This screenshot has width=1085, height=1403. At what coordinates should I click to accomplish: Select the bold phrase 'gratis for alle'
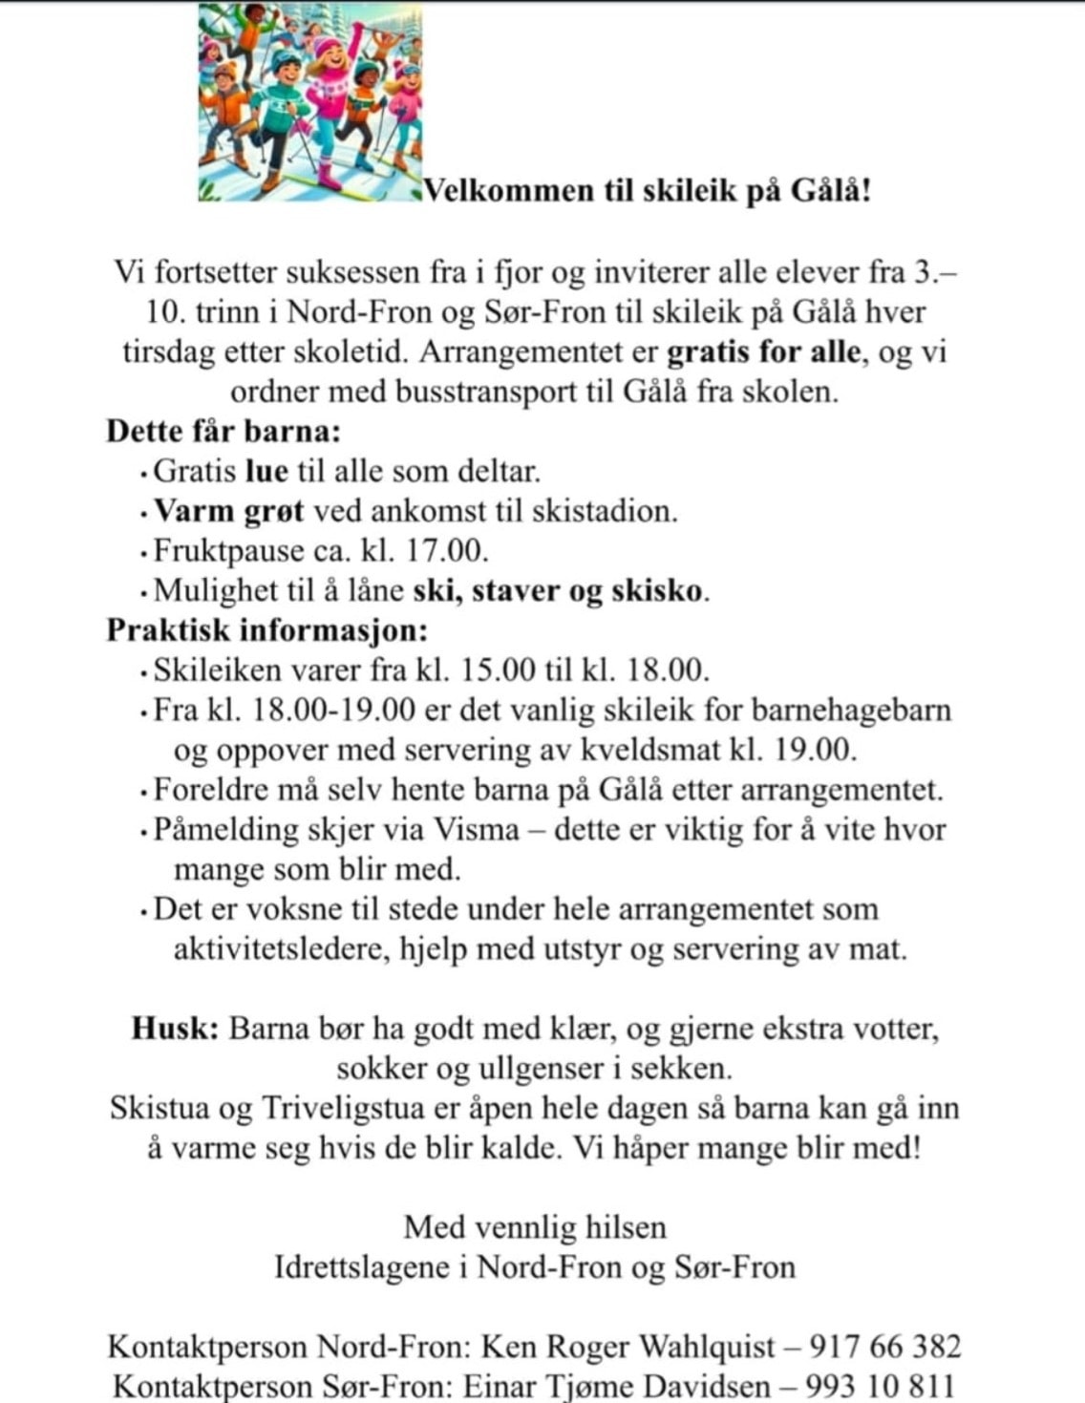[x=763, y=351]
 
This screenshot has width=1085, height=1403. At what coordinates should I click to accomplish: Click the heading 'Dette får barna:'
[x=223, y=431]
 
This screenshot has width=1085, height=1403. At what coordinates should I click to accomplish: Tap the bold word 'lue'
[x=266, y=471]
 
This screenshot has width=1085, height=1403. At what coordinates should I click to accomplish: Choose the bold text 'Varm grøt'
[x=229, y=511]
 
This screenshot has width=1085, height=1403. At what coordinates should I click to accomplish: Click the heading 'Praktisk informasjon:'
[x=266, y=630]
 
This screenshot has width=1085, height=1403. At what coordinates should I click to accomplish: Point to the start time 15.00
[x=499, y=670]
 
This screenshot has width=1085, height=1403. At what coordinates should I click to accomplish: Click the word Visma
[x=477, y=829]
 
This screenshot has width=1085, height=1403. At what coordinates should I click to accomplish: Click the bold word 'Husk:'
[x=176, y=1029]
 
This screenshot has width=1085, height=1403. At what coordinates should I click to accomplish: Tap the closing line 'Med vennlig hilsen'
[x=535, y=1227]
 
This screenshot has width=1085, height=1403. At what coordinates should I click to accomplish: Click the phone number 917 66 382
[x=884, y=1347]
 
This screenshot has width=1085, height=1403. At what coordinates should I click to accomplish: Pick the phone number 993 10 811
[x=880, y=1386]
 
